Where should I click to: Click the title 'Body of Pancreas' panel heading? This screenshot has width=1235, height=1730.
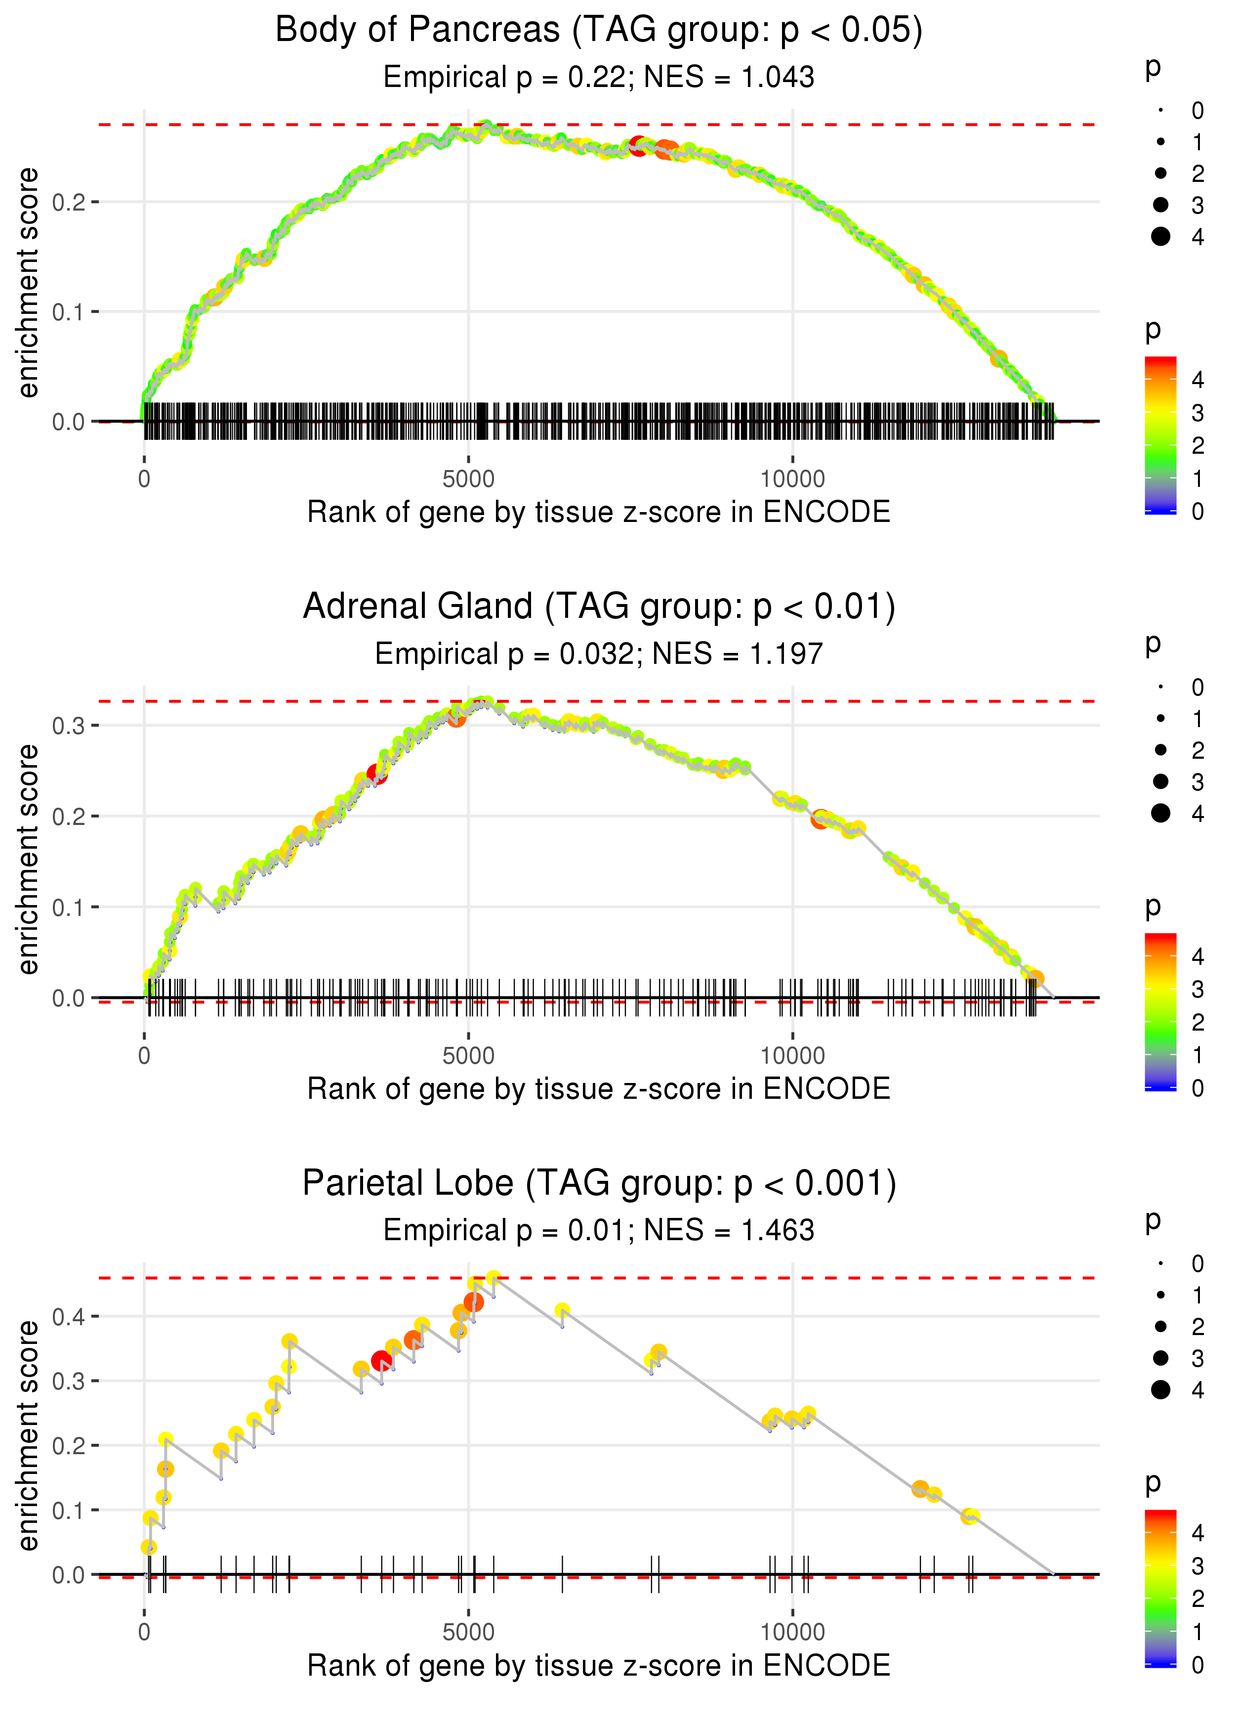point(599,31)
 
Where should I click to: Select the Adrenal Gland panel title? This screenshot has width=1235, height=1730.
point(599,607)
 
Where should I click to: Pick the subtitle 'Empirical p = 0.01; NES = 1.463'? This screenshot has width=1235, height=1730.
point(599,1231)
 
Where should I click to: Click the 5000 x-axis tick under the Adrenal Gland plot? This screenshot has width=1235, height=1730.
point(468,1056)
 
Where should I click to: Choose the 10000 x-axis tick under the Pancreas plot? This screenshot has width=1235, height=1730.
point(792,479)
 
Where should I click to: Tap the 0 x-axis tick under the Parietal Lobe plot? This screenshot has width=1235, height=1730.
point(144,1633)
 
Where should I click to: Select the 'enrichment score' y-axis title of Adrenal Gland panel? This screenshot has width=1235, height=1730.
point(28,860)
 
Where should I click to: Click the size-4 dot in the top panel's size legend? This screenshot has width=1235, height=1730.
point(1160,237)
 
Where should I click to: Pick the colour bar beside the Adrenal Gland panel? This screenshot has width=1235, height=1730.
point(1160,1011)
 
